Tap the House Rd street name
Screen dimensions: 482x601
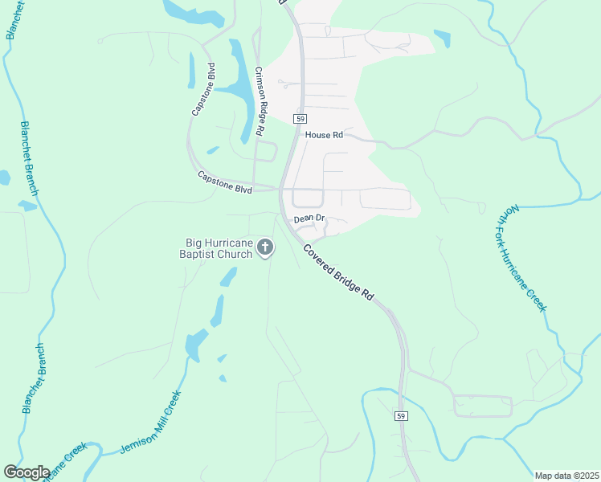(324, 135)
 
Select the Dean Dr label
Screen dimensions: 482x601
(309, 219)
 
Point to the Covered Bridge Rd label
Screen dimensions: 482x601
(339, 272)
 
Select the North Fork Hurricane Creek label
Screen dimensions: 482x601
(526, 257)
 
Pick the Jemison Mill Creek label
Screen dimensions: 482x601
(152, 423)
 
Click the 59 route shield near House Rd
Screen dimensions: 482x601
(299, 118)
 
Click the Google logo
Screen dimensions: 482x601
(27, 472)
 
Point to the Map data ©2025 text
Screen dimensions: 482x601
(566, 476)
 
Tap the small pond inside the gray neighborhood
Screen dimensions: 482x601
(442, 38)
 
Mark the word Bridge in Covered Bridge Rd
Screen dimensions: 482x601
(344, 276)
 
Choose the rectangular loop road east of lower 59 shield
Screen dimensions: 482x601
(482, 406)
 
